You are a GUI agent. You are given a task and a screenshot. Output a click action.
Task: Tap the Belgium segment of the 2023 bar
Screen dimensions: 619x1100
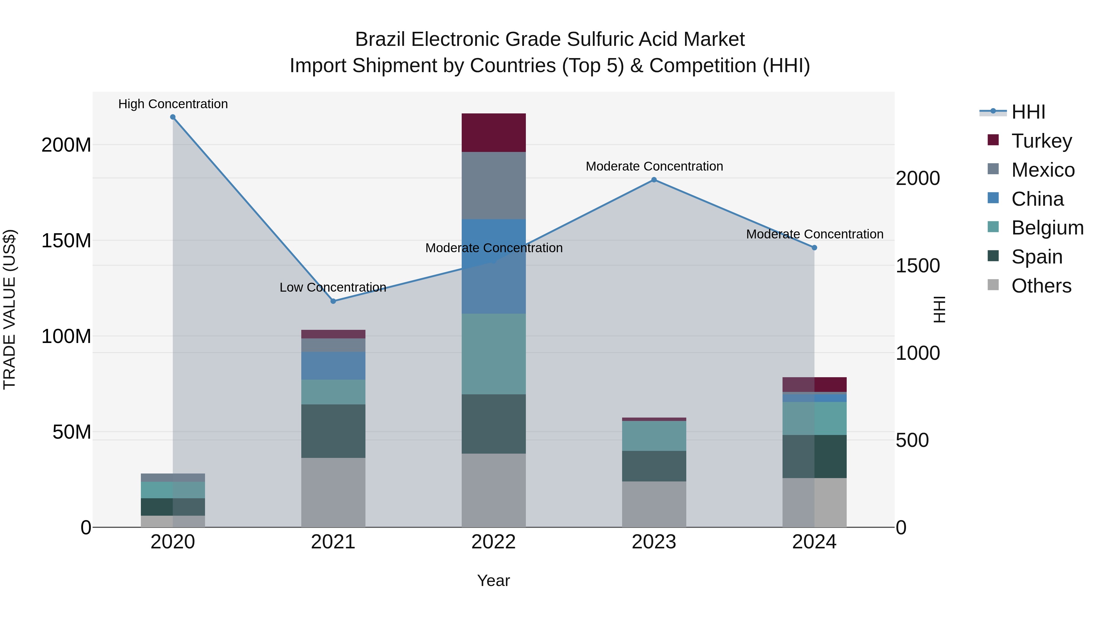[x=654, y=436]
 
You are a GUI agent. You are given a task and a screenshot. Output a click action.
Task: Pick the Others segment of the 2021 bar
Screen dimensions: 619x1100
[x=333, y=492]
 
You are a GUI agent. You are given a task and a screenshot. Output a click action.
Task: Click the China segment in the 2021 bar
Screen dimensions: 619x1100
[x=333, y=366]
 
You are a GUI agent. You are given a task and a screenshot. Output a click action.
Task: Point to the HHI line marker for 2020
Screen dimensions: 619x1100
[x=173, y=117]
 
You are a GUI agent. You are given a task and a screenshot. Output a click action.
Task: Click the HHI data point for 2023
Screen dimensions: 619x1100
[x=654, y=180]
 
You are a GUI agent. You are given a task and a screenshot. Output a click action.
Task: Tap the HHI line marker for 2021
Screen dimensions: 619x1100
[x=333, y=301]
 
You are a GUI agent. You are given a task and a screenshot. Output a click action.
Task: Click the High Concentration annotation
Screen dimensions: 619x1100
[x=173, y=104]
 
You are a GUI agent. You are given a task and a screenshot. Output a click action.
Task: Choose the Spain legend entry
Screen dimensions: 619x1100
[x=1036, y=257]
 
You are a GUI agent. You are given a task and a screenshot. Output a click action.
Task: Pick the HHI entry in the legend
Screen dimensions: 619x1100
[x=1028, y=112]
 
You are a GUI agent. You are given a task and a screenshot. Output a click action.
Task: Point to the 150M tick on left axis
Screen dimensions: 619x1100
[x=66, y=241]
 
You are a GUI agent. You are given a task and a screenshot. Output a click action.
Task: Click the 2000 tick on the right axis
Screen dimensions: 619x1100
[x=918, y=178]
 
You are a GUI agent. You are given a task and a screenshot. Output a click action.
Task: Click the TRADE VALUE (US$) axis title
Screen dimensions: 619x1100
[x=9, y=309]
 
